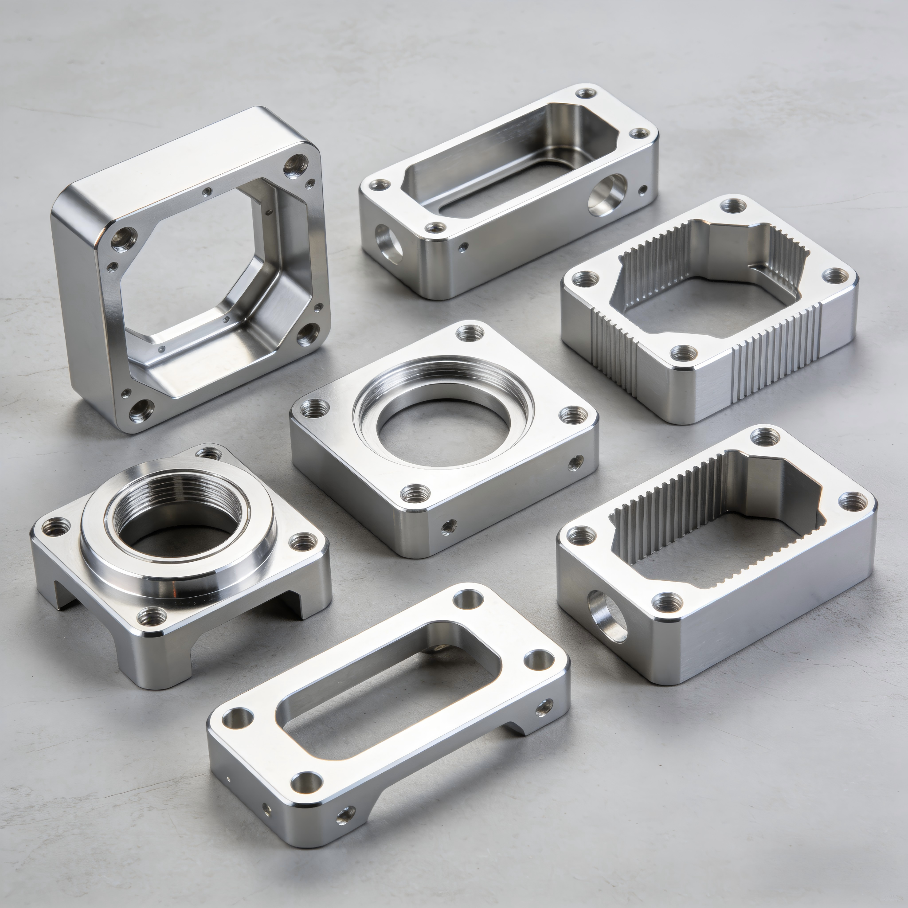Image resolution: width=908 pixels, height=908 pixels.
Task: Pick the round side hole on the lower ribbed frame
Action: (606, 616)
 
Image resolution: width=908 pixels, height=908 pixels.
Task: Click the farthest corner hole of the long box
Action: (586, 94)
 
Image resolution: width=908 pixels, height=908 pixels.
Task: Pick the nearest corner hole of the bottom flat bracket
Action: (306, 782)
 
